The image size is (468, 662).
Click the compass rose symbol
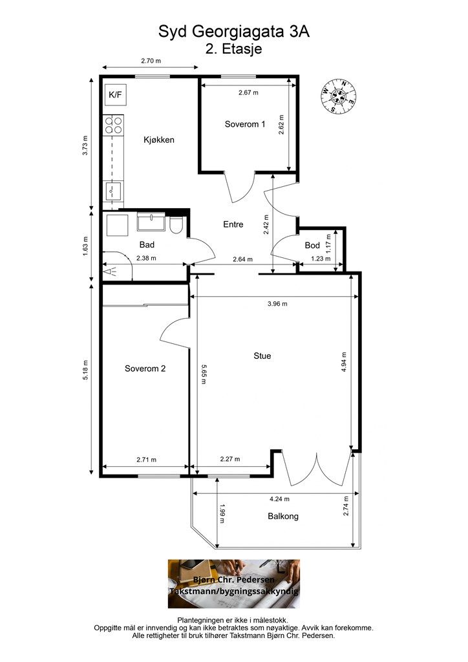pos(339,95)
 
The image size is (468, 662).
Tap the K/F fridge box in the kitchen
pos(115,95)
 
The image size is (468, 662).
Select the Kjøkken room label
pos(159,140)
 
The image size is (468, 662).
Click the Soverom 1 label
pos(245,124)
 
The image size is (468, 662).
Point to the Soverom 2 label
pos(145,368)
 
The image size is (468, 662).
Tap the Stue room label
pos(262,356)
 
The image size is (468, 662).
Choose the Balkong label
pos(283,517)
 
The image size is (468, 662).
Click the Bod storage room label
pos(313,246)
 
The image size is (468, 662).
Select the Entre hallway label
pos(233,224)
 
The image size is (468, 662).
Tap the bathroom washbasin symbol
pos(152,222)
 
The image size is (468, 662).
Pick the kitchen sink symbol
pos(112,192)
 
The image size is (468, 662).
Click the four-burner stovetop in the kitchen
pos(114,124)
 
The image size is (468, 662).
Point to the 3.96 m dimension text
pos(277,303)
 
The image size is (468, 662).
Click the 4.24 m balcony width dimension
pos(279,498)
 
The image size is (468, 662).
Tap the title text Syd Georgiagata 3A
pos(233,32)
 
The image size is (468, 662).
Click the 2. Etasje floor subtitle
pos(233,48)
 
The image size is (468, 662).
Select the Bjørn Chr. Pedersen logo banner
pos(233,583)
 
